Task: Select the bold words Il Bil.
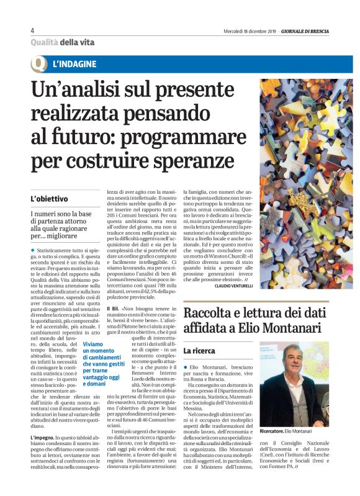(x=112, y=309)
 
